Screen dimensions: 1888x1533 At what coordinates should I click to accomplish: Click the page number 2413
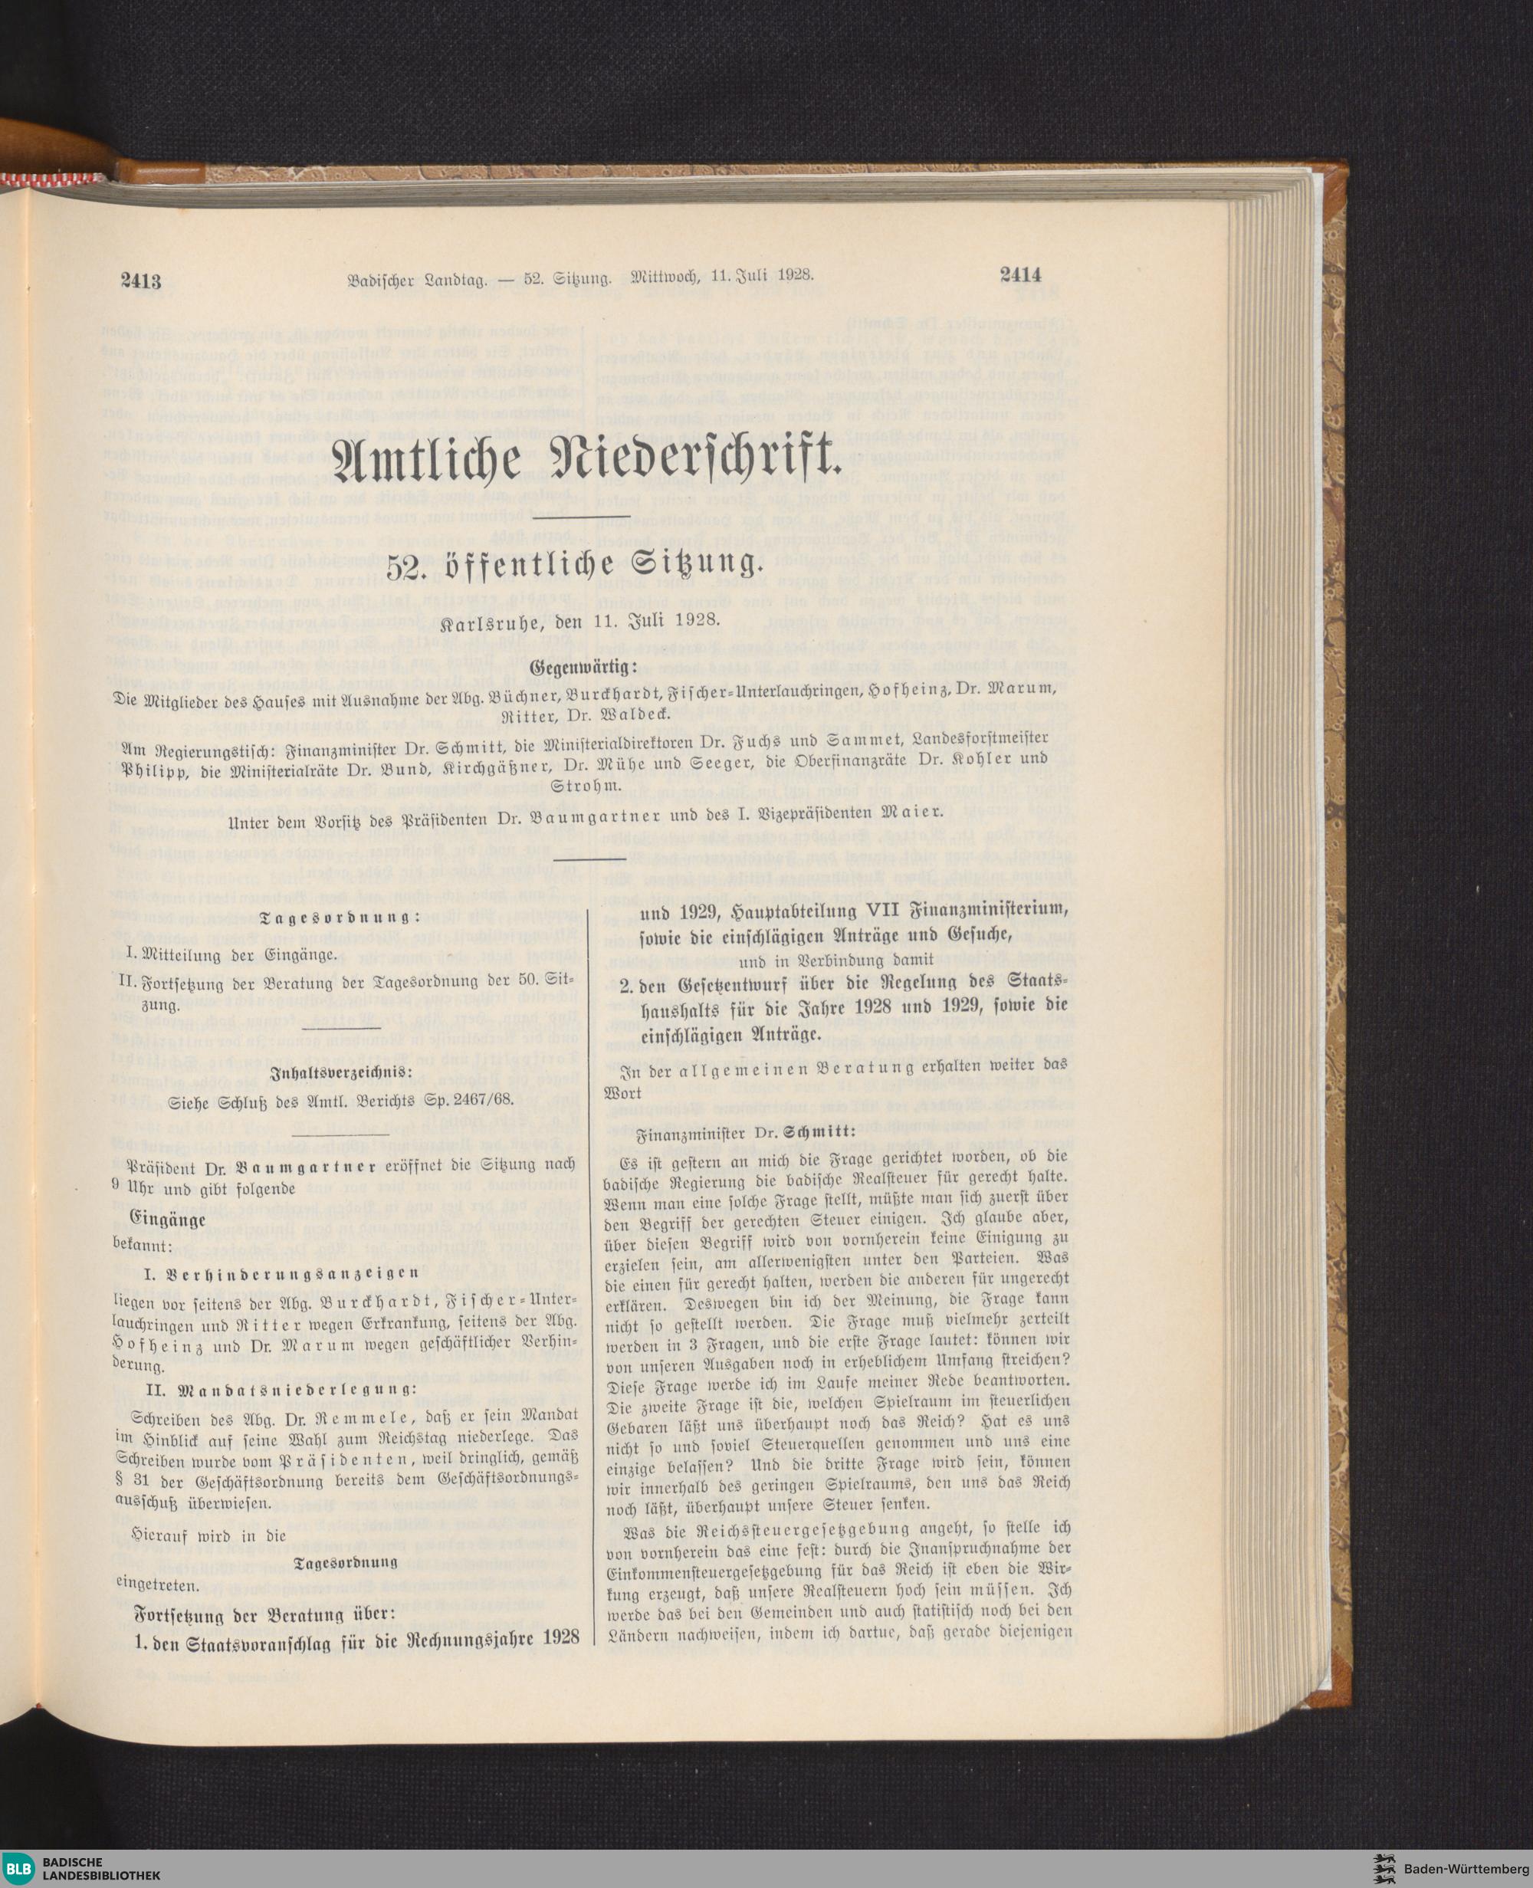(x=140, y=283)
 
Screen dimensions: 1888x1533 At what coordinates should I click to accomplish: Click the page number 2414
(x=1021, y=275)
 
